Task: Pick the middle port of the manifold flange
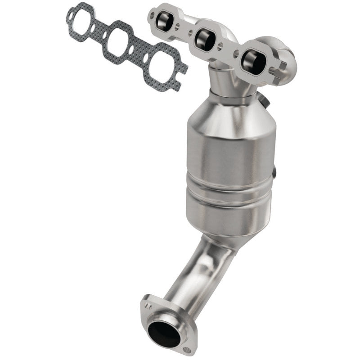[x=206, y=40]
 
